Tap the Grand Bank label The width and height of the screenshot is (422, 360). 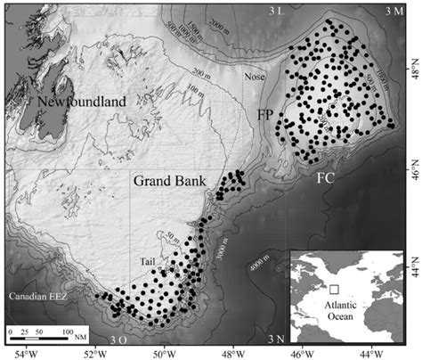pos(169,181)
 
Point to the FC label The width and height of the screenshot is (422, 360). pos(326,176)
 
